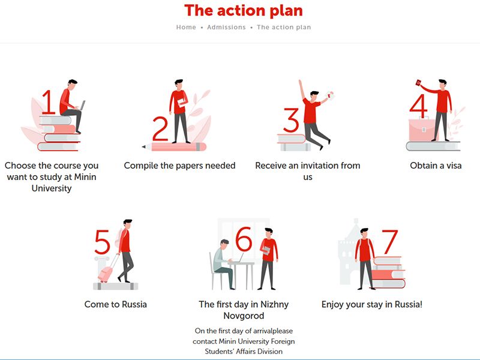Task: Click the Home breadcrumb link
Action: click(186, 27)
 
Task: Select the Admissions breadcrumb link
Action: click(226, 27)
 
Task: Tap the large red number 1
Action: click(49, 102)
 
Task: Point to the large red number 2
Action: click(160, 129)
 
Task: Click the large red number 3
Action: click(291, 120)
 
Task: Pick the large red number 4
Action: click(418, 106)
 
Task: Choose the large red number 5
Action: click(102, 242)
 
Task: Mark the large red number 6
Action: click(244, 239)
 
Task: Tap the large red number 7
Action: click(389, 242)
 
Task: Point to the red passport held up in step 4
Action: click(418, 83)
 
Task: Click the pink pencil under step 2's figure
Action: click(174, 146)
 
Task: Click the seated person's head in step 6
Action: click(224, 245)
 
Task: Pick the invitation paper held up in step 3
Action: click(330, 95)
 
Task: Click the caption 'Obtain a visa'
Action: click(436, 166)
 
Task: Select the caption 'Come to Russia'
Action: click(116, 304)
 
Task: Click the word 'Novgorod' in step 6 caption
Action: click(244, 316)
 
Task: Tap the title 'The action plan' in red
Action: click(244, 10)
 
